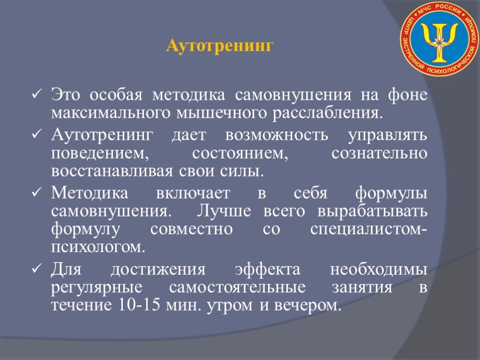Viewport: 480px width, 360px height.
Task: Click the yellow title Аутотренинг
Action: click(220, 46)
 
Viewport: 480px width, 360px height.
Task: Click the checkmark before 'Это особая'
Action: click(36, 95)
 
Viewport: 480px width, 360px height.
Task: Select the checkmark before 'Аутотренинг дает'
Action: click(36, 134)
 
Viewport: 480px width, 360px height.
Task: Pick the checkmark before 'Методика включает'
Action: click(36, 193)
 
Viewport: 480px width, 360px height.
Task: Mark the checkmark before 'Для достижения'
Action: click(36, 269)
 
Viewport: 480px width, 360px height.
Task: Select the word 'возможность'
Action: click(277, 135)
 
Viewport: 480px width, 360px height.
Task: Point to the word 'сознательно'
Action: click(379, 153)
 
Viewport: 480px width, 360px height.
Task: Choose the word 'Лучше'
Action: click(224, 211)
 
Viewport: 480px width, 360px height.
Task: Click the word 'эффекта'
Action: click(268, 269)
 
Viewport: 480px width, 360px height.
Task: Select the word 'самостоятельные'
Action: click(237, 288)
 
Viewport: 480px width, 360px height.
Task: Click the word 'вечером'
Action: click(307, 306)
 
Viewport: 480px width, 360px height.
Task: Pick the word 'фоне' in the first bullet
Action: click(407, 95)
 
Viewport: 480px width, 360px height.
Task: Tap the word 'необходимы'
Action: click(379, 270)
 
